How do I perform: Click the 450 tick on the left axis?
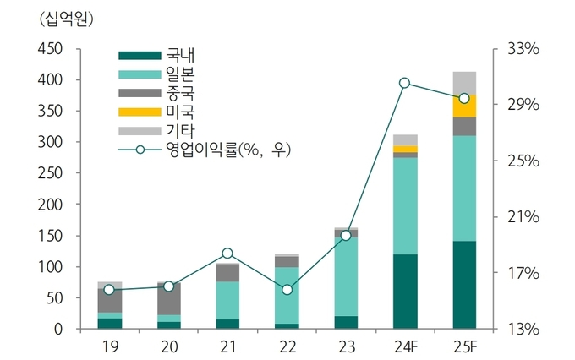[50, 49]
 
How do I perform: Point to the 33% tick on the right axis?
[523, 49]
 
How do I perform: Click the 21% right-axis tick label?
[523, 217]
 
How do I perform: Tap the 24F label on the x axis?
[405, 347]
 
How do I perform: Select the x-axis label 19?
[109, 347]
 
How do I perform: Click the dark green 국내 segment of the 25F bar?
[464, 285]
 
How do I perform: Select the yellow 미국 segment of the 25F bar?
[464, 106]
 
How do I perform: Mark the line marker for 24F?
[405, 83]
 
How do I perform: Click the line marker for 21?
[227, 254]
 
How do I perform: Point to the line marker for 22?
[287, 290]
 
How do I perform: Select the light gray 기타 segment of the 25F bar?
[464, 83]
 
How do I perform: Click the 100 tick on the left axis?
[50, 267]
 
